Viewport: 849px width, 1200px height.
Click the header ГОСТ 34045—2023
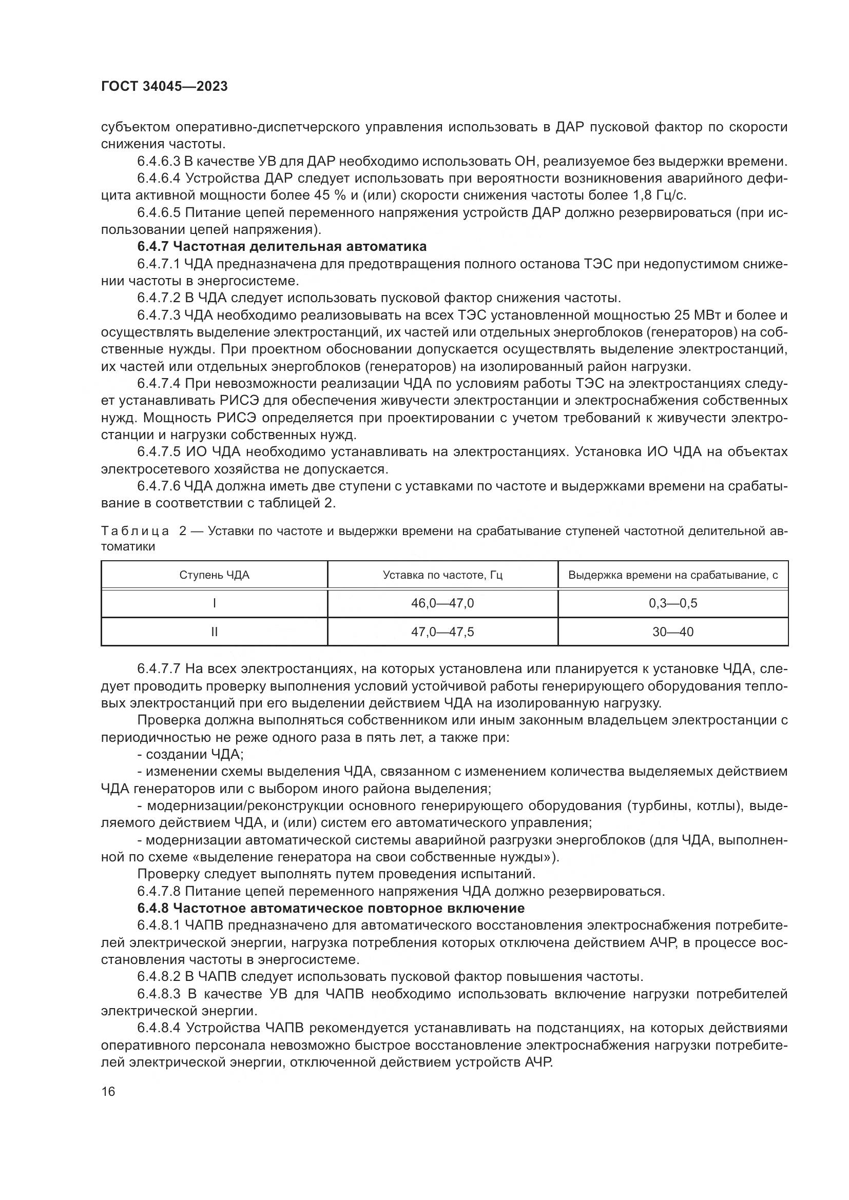coord(164,86)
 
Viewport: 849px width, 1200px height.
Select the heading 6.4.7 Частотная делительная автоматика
coord(282,246)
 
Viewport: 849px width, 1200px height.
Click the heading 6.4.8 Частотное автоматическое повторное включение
coord(331,908)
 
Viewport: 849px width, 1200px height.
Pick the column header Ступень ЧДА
coord(215,575)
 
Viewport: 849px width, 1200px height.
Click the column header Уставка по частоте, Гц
coord(442,575)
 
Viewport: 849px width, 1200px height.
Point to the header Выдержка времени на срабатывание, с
coord(673,575)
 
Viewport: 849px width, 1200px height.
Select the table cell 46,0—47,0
coord(442,603)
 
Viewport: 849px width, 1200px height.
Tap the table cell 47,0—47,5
coord(442,632)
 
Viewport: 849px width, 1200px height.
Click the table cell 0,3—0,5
coord(673,603)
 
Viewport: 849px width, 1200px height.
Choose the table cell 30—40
coord(673,632)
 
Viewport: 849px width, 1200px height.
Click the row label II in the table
coord(215,632)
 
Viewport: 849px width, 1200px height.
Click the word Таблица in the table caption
coord(135,531)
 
